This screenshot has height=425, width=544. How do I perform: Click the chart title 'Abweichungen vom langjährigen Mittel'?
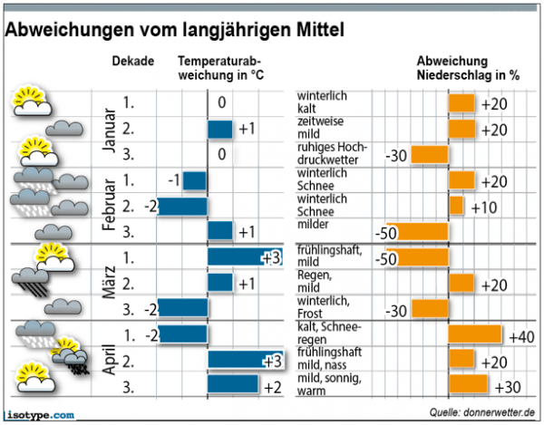coord(175,30)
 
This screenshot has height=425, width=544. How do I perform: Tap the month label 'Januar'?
coord(108,129)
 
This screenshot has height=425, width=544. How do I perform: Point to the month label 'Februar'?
coord(108,205)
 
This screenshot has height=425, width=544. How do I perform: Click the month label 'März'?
coord(108,282)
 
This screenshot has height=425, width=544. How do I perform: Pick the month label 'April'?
coord(108,359)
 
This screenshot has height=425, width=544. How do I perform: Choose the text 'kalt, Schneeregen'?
coord(329,332)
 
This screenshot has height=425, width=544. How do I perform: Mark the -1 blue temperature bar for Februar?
coord(194,180)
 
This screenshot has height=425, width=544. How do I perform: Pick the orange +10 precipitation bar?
coord(456,206)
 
